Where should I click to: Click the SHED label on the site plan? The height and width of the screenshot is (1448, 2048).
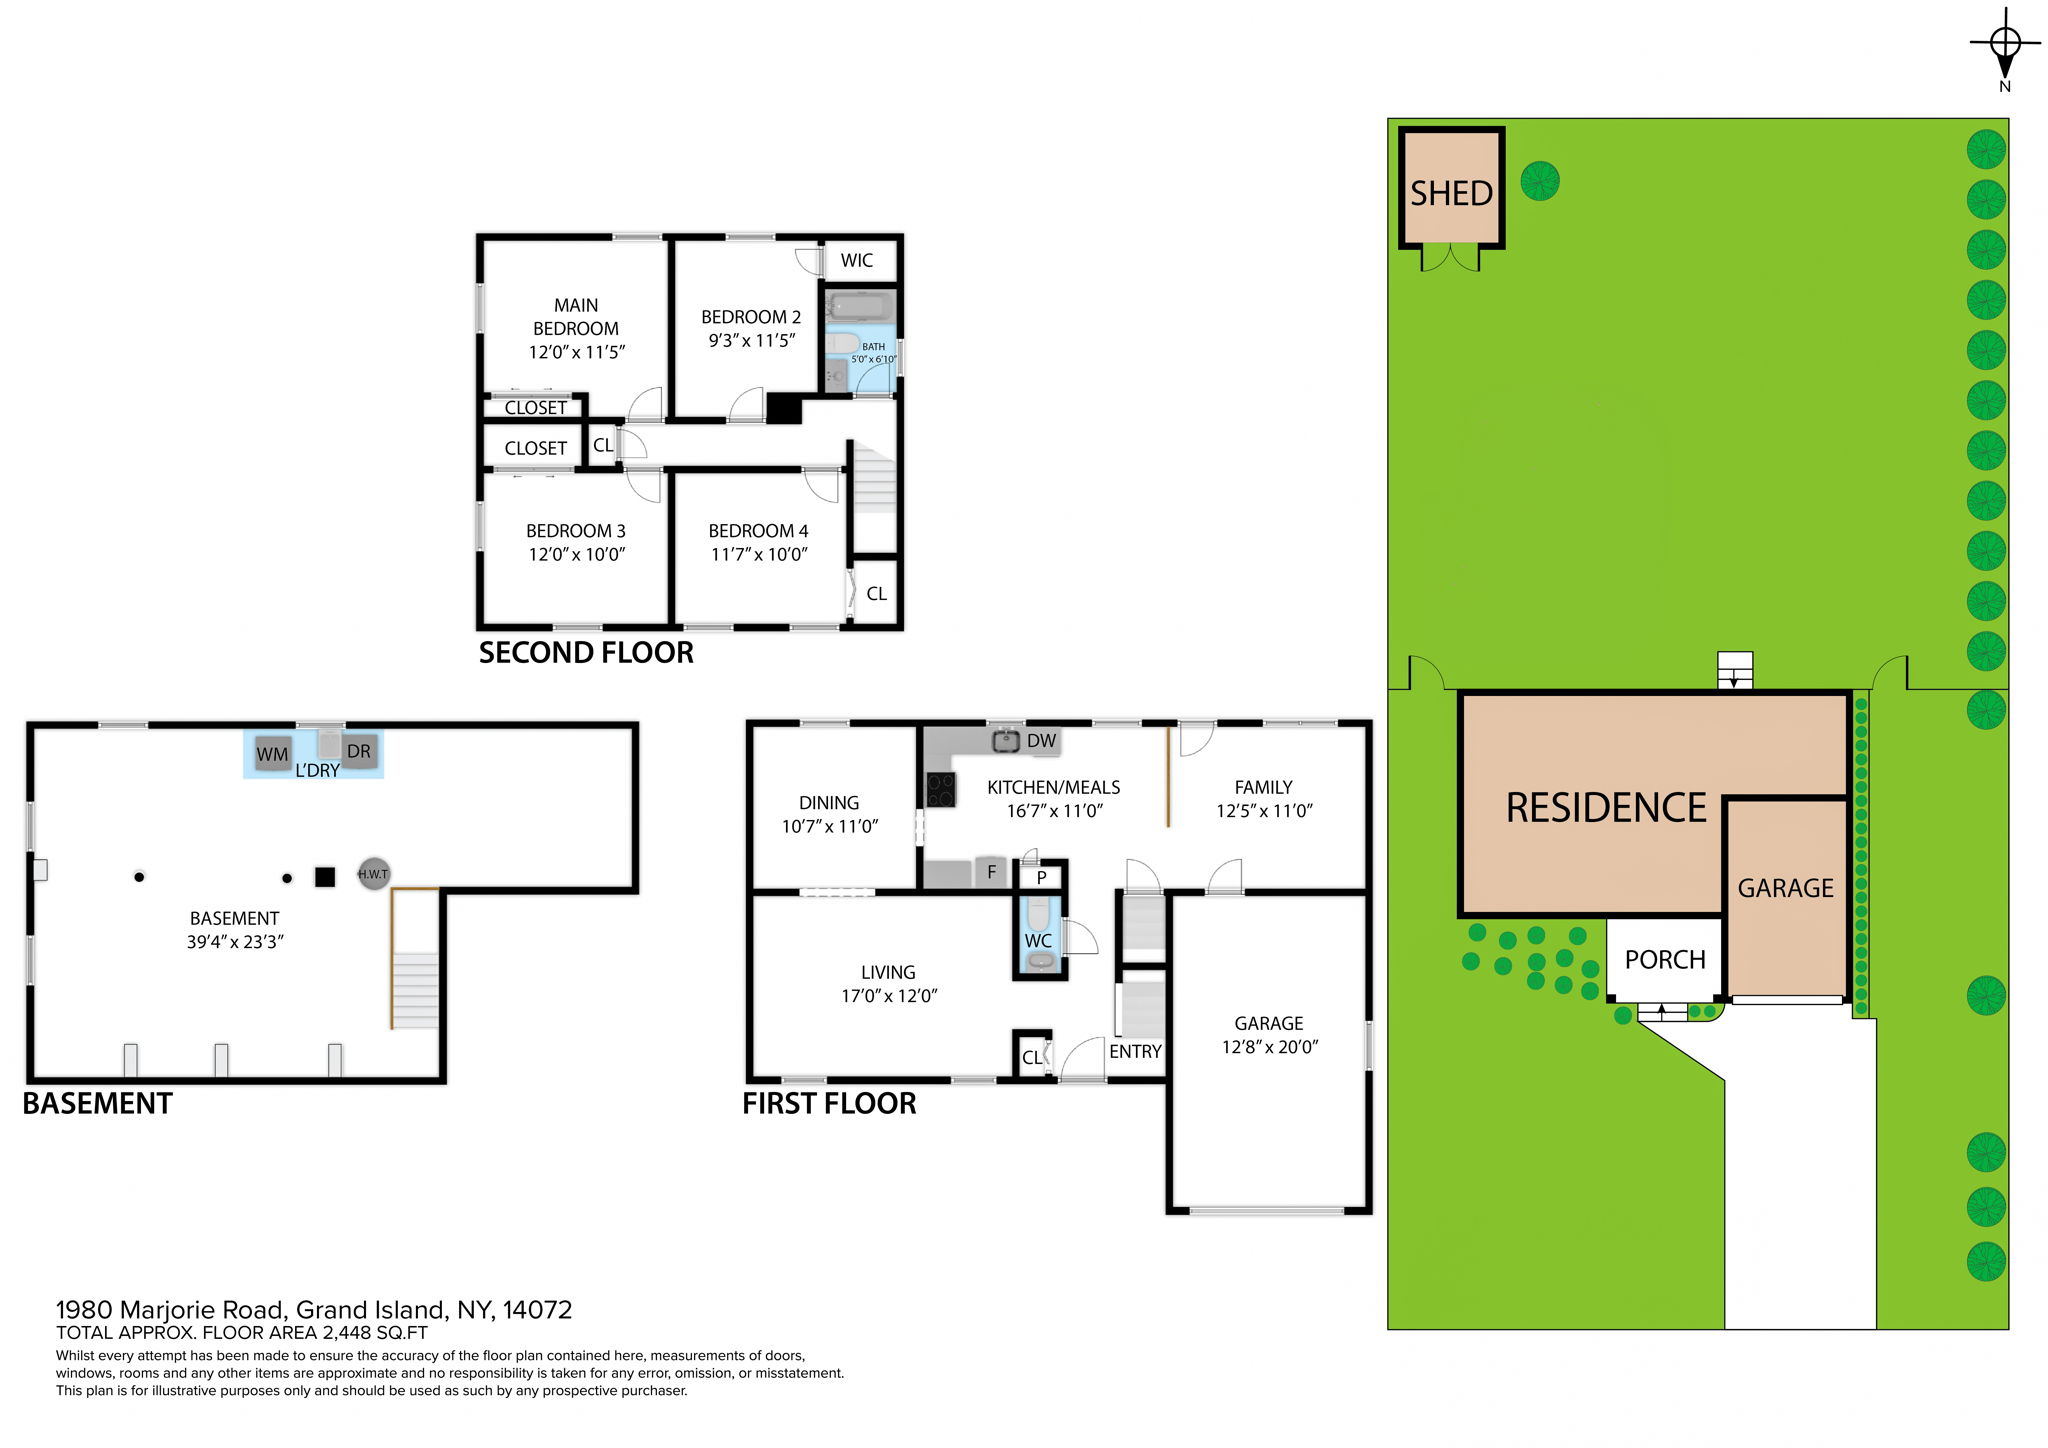pyautogui.click(x=1451, y=193)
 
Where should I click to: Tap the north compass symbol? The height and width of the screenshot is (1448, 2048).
pyautogui.click(x=2005, y=45)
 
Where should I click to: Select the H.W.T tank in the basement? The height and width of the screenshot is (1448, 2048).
pyautogui.click(x=373, y=874)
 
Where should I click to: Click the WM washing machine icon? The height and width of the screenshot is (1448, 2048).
pyautogui.click(x=272, y=754)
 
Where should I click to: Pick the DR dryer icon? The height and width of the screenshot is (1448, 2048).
pyautogui.click(x=358, y=751)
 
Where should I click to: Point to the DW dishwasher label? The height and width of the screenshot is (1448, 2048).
pyautogui.click(x=1041, y=741)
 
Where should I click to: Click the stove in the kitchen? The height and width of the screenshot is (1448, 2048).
pyautogui.click(x=940, y=790)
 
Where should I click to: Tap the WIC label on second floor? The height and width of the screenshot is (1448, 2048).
pyautogui.click(x=856, y=261)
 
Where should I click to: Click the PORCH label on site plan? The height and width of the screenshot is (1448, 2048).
pyautogui.click(x=1664, y=960)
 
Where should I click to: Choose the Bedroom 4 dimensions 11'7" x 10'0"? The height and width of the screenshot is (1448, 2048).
pyautogui.click(x=758, y=555)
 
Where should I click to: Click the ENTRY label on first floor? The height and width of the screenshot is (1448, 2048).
pyautogui.click(x=1135, y=1052)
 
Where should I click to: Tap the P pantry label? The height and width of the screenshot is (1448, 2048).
pyautogui.click(x=1041, y=878)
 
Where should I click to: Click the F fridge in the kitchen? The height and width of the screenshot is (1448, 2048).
pyautogui.click(x=991, y=872)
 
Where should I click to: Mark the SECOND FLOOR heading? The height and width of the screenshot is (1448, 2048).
pyautogui.click(x=586, y=653)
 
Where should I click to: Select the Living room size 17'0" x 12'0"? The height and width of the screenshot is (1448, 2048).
pyautogui.click(x=888, y=996)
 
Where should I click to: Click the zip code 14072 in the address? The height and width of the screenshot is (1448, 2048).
pyautogui.click(x=537, y=1310)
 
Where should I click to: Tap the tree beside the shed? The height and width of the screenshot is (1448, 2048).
pyautogui.click(x=1539, y=181)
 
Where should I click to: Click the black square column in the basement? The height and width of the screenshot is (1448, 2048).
pyautogui.click(x=324, y=877)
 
